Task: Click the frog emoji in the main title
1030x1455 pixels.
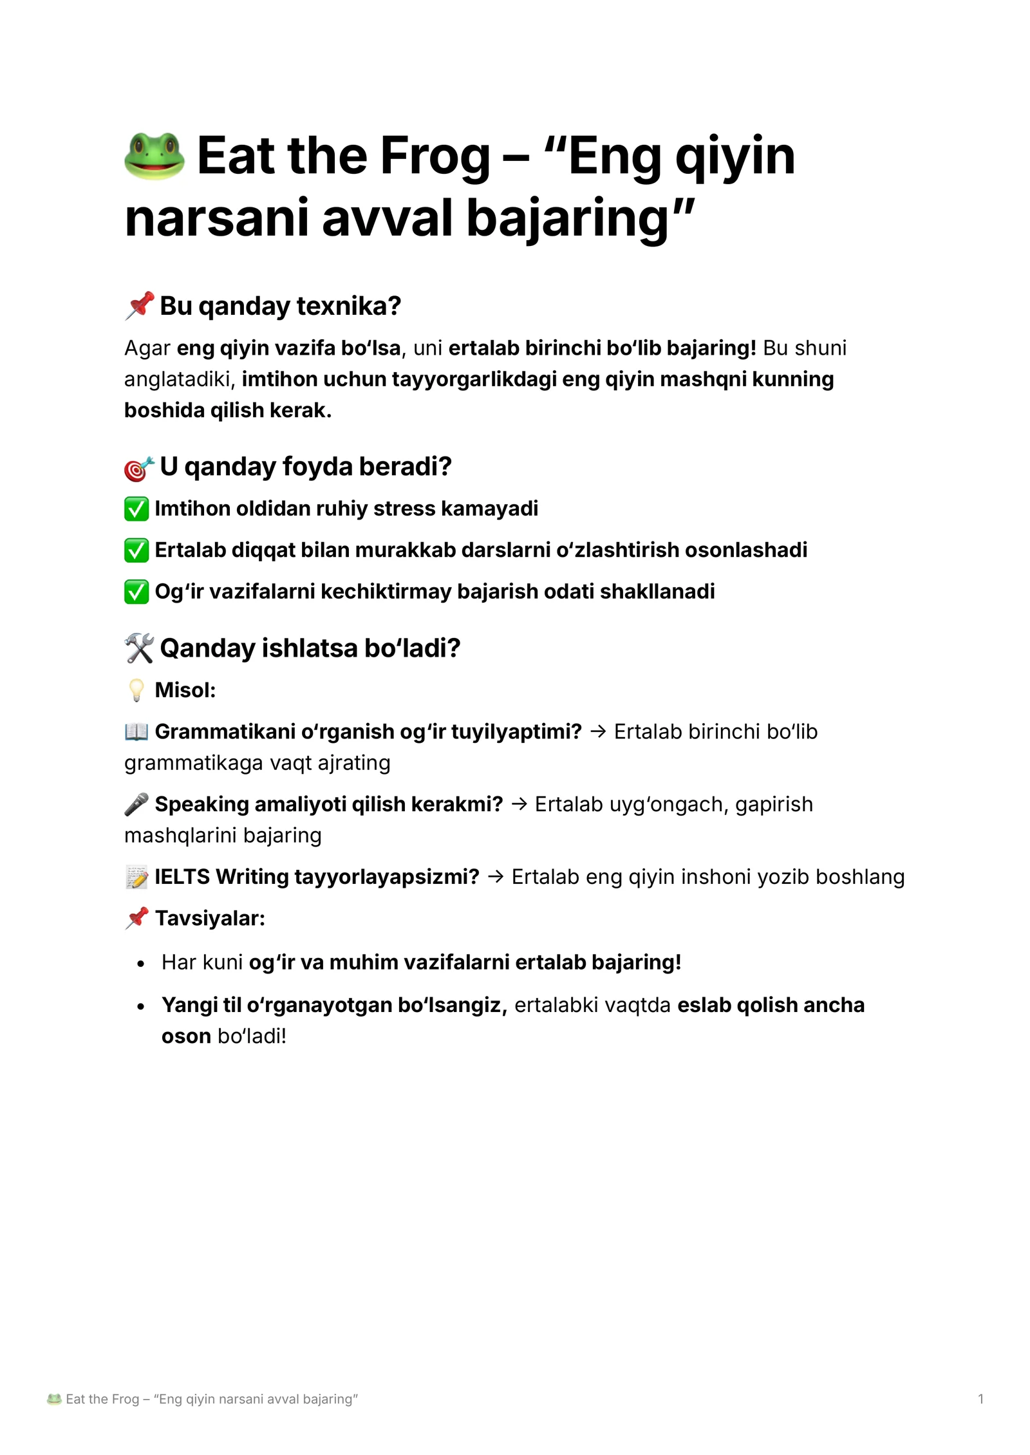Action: click(x=154, y=156)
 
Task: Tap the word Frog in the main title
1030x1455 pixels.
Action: click(x=435, y=156)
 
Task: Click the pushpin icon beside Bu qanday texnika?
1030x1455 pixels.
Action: click(x=139, y=306)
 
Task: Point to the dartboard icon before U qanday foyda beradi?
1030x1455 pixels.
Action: click(x=139, y=468)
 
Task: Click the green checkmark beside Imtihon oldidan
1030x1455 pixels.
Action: click(x=136, y=509)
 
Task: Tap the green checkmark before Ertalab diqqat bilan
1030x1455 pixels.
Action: click(x=136, y=550)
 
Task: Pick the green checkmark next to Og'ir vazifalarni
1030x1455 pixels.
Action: click(x=136, y=592)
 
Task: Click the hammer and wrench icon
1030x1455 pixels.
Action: click(x=139, y=648)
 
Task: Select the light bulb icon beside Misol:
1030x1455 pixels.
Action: click(x=136, y=690)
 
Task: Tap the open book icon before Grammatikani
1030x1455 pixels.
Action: click(x=136, y=731)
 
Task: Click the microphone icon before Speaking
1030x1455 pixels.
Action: click(x=136, y=804)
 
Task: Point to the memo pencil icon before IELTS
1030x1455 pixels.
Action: click(x=136, y=877)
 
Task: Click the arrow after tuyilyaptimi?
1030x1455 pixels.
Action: click(x=598, y=732)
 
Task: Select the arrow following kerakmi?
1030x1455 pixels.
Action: click(x=519, y=805)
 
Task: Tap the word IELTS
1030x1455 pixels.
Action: click(x=182, y=877)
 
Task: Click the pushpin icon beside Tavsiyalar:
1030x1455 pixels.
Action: click(x=136, y=918)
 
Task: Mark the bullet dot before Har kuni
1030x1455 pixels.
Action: click(x=141, y=964)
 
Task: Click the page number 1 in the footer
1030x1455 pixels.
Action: click(x=980, y=1399)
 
